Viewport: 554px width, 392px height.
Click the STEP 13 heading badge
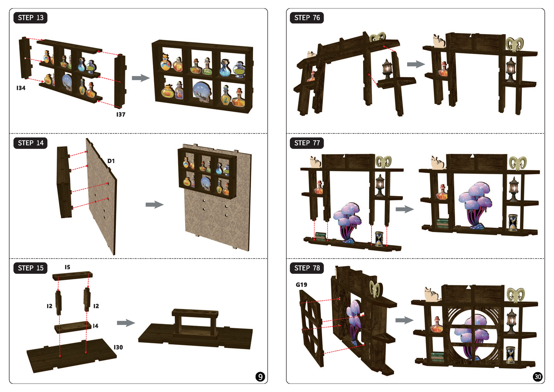30,18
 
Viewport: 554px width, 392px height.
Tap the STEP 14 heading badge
30,143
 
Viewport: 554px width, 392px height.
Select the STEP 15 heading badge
30,268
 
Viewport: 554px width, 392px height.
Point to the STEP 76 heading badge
307,18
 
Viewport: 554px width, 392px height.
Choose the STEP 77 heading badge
307,143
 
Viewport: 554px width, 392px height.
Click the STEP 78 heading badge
307,268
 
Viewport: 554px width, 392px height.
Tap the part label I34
21,88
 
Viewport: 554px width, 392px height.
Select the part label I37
121,115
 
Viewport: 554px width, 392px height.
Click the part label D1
111,161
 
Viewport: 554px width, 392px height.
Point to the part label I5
67,267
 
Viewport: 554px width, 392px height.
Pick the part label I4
95,326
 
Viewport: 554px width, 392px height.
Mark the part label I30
118,348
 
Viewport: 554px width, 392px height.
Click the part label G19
301,285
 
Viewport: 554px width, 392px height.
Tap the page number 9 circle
260,377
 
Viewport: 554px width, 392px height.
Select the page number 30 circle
538,377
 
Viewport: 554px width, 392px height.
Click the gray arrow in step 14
155,205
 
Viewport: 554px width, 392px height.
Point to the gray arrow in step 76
416,64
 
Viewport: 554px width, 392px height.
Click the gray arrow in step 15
126,323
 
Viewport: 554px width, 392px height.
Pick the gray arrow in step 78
404,320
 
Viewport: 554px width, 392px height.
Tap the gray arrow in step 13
141,78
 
